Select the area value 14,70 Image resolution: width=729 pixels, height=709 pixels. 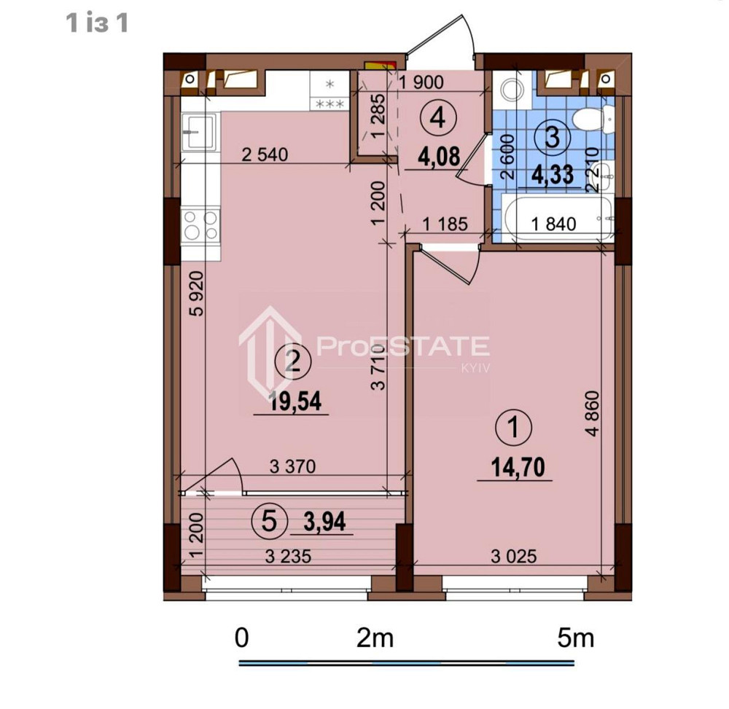coord(514,466)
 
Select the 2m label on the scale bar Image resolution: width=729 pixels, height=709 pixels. coord(375,639)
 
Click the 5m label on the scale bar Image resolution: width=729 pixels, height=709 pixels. coord(574,639)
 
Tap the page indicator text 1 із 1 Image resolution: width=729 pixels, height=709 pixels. coord(98,23)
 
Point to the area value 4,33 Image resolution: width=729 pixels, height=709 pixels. coord(551,176)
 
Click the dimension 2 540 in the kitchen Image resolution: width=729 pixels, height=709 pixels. coord(265,154)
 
